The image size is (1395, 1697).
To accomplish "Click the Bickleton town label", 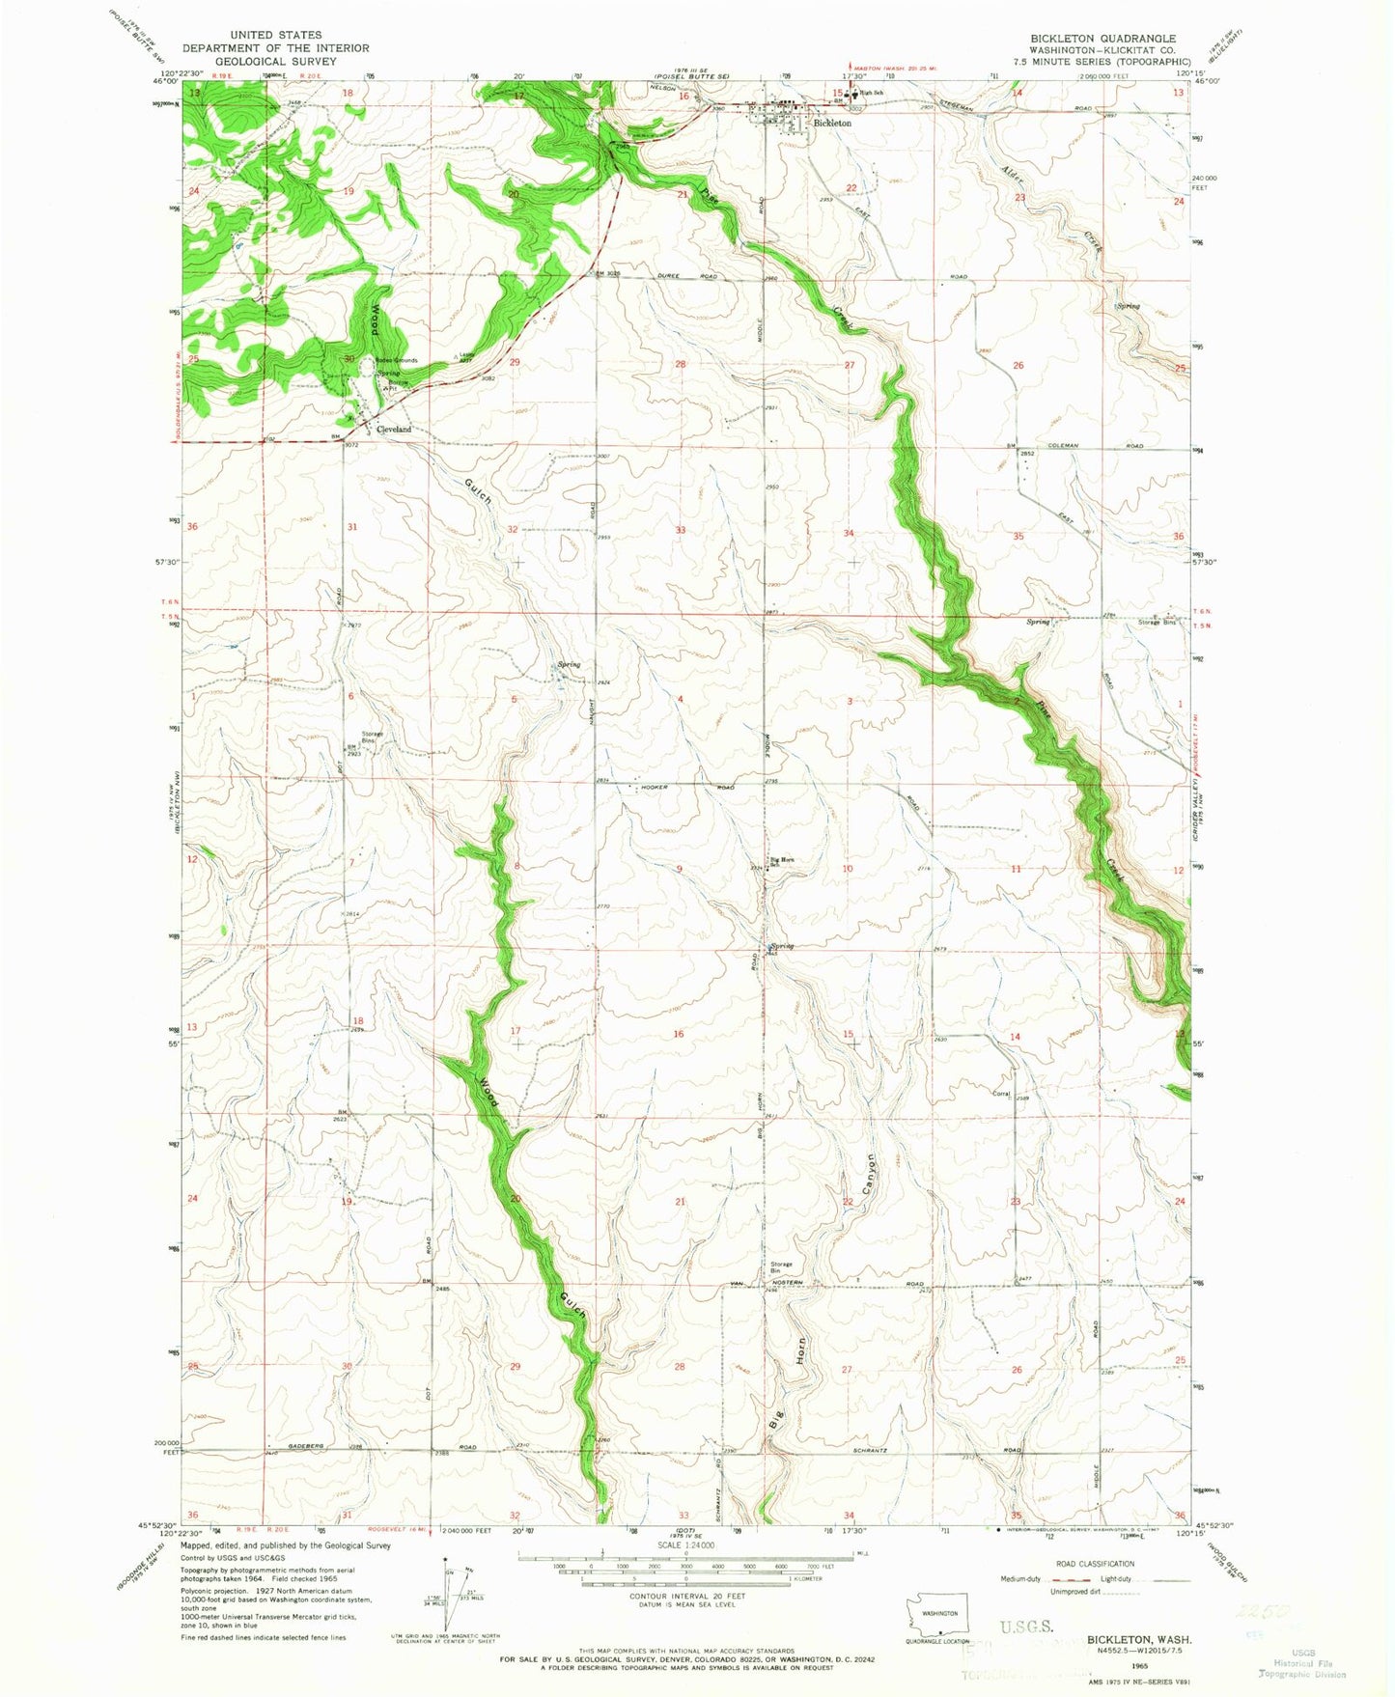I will pyautogui.click(x=832, y=124).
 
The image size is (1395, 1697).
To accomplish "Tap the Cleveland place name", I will pyautogui.click(x=393, y=429).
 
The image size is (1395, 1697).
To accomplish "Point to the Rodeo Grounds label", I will pyautogui.click(x=397, y=360).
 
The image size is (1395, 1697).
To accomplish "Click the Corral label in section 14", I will pyautogui.click(x=1001, y=1094).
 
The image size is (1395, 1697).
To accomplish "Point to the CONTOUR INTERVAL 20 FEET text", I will pyautogui.click(x=682, y=1598).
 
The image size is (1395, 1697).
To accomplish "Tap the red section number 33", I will pyautogui.click(x=681, y=530).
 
